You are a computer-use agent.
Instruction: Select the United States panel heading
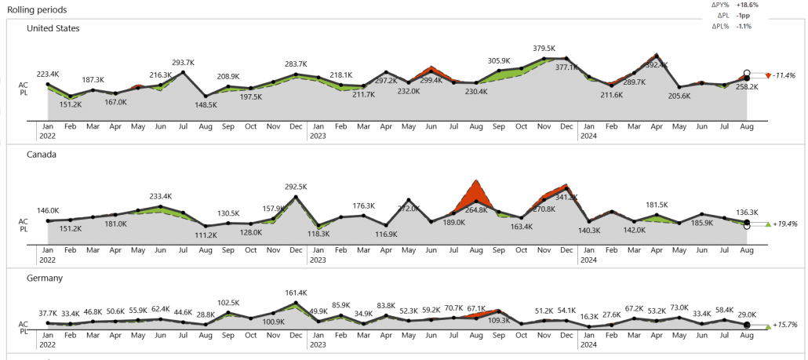point(53,28)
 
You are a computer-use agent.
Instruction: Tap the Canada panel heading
point(42,155)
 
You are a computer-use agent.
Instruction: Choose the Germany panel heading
point(45,278)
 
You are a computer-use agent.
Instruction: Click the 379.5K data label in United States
point(544,48)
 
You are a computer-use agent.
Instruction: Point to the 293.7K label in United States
point(184,62)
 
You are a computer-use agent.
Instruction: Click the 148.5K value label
point(206,105)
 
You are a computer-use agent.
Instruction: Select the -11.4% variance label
point(784,76)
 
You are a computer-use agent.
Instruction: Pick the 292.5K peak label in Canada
point(296,187)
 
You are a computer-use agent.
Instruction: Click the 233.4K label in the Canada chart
point(160,197)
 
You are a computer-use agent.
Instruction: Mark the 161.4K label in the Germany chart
point(296,292)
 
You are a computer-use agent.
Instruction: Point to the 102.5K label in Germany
point(228,303)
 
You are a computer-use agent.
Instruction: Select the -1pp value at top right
point(743,15)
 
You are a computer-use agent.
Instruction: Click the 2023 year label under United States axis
point(318,136)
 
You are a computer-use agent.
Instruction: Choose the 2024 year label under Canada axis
point(588,259)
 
